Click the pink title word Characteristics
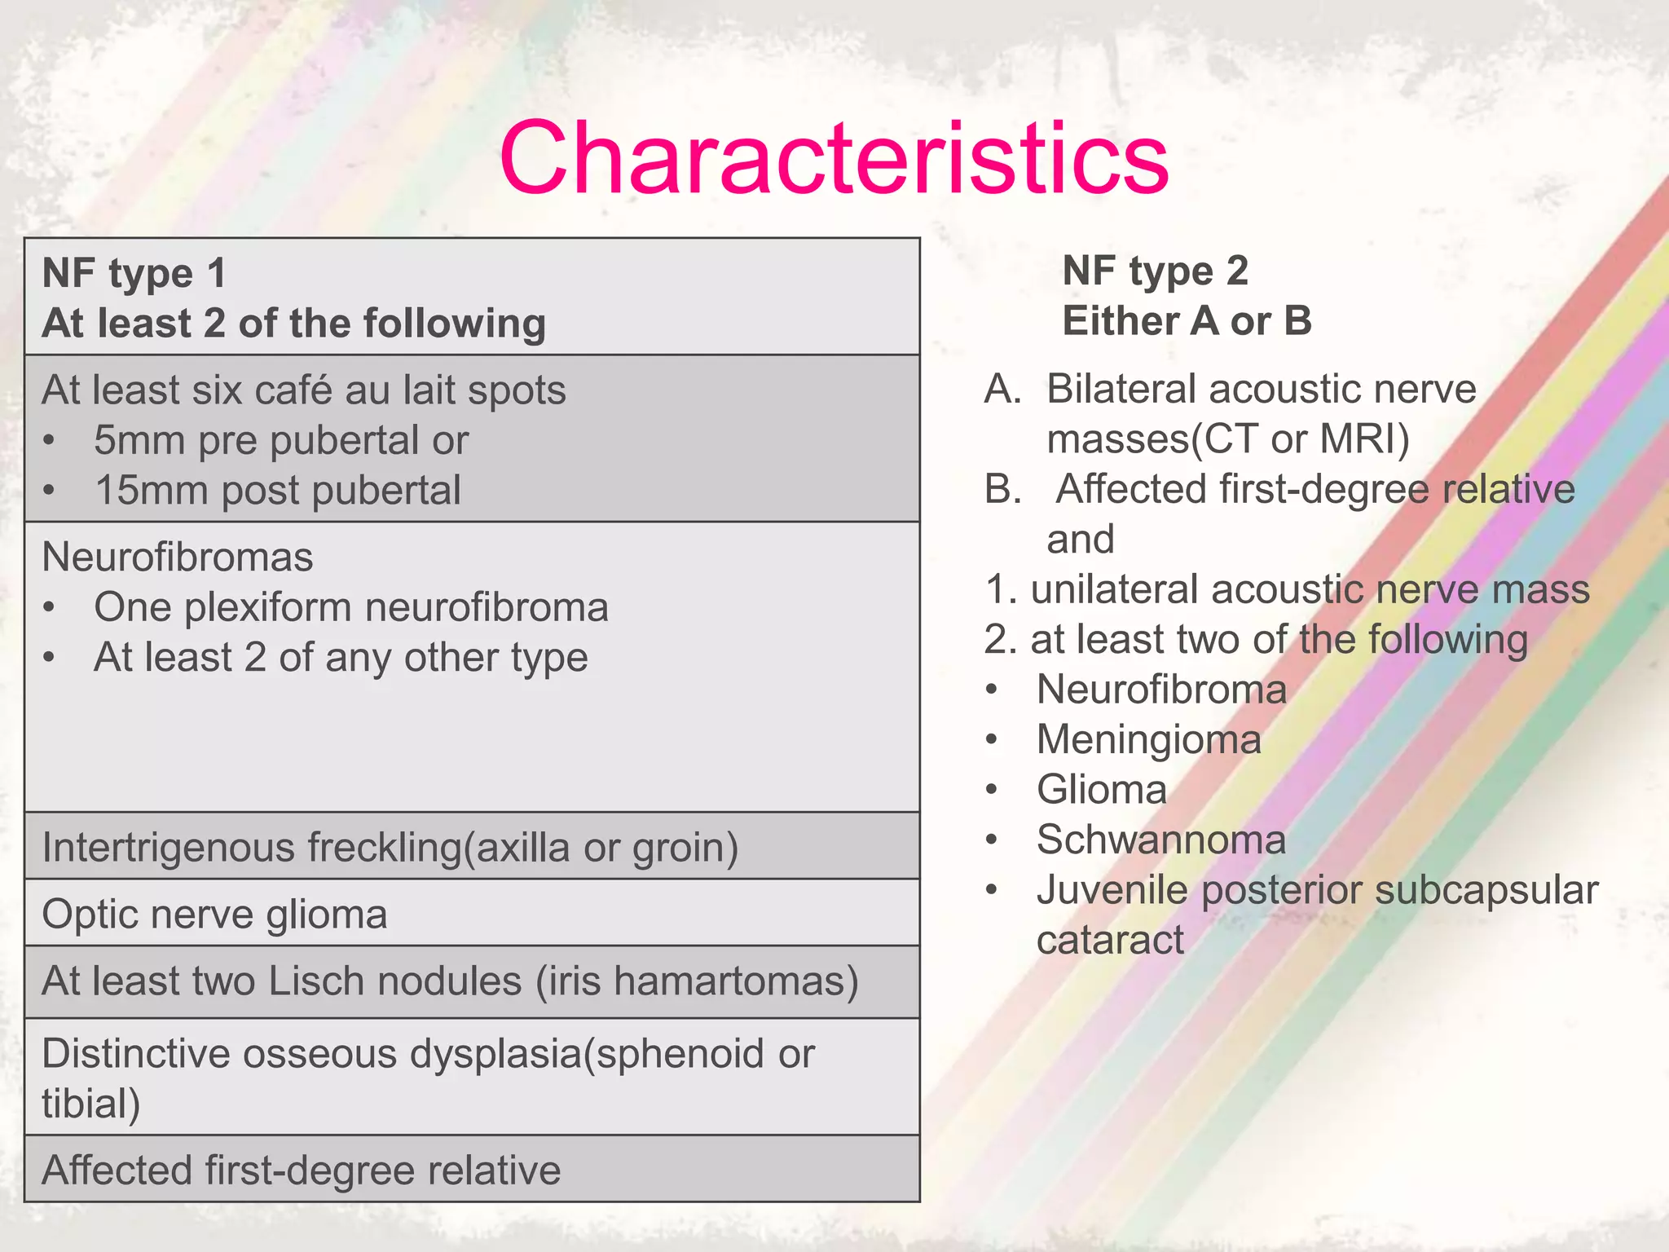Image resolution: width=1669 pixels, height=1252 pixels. pos(834,158)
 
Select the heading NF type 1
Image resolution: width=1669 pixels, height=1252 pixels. pos(134,273)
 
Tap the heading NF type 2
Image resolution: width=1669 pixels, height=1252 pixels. pos(1155,271)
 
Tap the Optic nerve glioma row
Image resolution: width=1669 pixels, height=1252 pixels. pos(214,914)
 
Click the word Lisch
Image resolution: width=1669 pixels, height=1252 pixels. pos(315,981)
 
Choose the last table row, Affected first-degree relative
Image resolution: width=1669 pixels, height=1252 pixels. pos(301,1170)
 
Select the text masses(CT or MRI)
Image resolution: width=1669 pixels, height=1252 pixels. pos(1227,439)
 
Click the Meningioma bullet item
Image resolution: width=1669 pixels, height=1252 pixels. pos(1148,740)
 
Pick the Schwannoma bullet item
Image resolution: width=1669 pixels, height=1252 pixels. pos(1160,840)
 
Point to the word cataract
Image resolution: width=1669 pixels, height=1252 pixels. pos(1109,941)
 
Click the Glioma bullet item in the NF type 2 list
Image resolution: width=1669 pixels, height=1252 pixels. pos(1101,790)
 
